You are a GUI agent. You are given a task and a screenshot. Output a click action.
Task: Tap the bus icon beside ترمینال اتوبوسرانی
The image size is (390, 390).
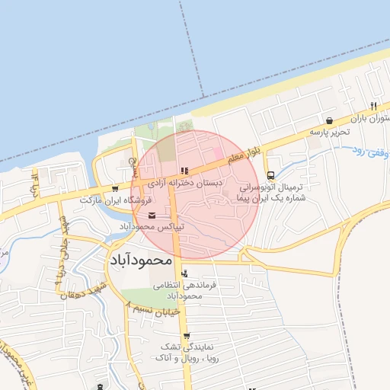[x=272, y=176]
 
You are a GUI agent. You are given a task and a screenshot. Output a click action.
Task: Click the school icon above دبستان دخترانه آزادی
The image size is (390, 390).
[x=184, y=171]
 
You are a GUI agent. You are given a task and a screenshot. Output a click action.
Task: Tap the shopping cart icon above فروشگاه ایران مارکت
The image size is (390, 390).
[x=114, y=188]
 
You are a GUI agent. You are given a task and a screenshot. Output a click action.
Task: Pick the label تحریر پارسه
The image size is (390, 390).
[x=328, y=132]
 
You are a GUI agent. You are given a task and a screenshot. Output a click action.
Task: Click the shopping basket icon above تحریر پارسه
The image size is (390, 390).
[x=328, y=120]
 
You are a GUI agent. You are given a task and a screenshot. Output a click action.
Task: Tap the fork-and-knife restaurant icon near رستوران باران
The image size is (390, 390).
[x=373, y=105]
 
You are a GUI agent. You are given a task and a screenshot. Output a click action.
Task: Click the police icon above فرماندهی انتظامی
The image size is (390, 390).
[x=186, y=273]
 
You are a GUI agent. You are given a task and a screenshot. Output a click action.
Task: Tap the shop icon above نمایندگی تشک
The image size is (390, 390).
[x=186, y=335]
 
